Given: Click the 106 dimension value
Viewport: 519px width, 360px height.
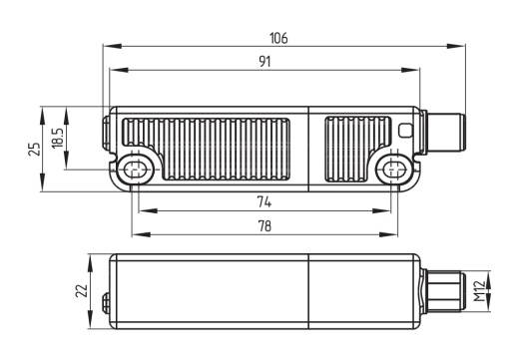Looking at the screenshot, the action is click(278, 38).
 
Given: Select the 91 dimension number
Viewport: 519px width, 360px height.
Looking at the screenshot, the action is click(264, 62).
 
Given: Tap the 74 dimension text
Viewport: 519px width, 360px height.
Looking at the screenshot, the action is click(264, 201).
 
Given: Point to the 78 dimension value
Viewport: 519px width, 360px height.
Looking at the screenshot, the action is click(264, 226).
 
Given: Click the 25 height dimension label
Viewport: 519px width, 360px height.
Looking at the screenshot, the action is click(34, 149).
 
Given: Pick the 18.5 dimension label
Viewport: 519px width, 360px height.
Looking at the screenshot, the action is click(58, 138).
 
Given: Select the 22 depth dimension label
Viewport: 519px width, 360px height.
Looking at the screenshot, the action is click(82, 291).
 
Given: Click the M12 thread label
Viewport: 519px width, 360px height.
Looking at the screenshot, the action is click(479, 291).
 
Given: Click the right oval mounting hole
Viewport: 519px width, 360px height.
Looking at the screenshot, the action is click(394, 171).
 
